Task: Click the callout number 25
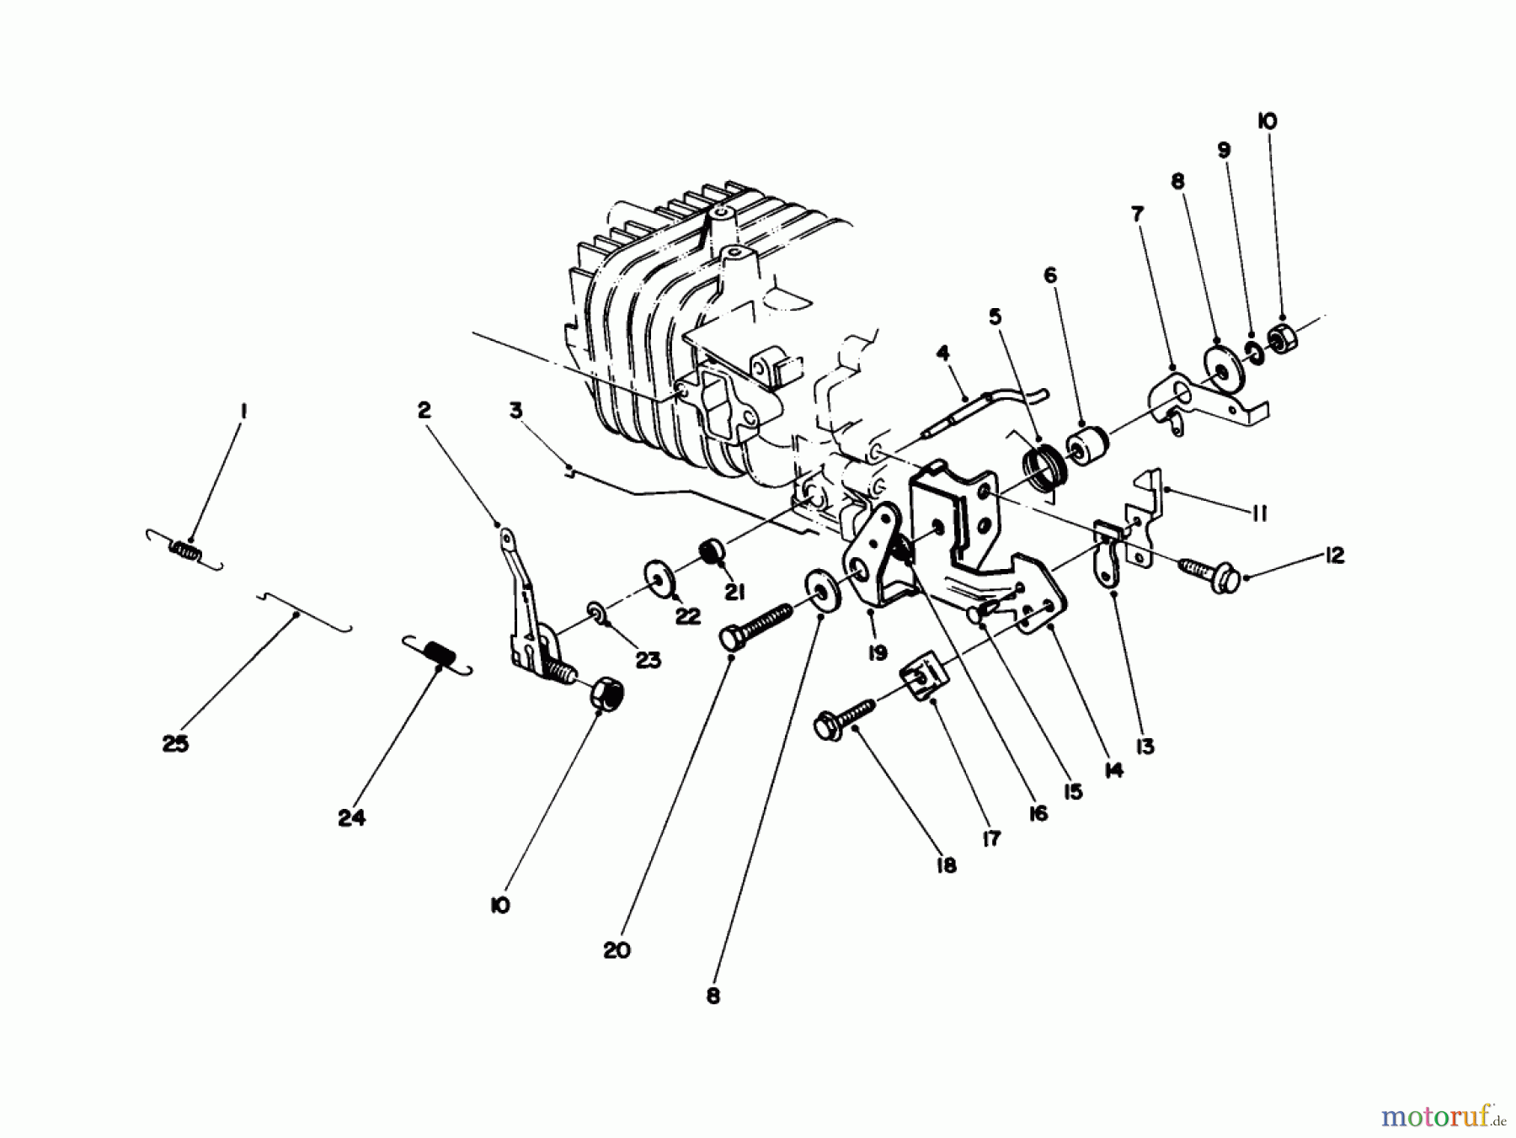coord(175,744)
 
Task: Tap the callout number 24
coord(351,817)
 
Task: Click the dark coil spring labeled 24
coord(437,654)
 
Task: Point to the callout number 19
coord(878,653)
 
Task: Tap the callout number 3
coord(515,411)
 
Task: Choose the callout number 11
coord(1259,513)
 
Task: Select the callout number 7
coord(1137,214)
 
